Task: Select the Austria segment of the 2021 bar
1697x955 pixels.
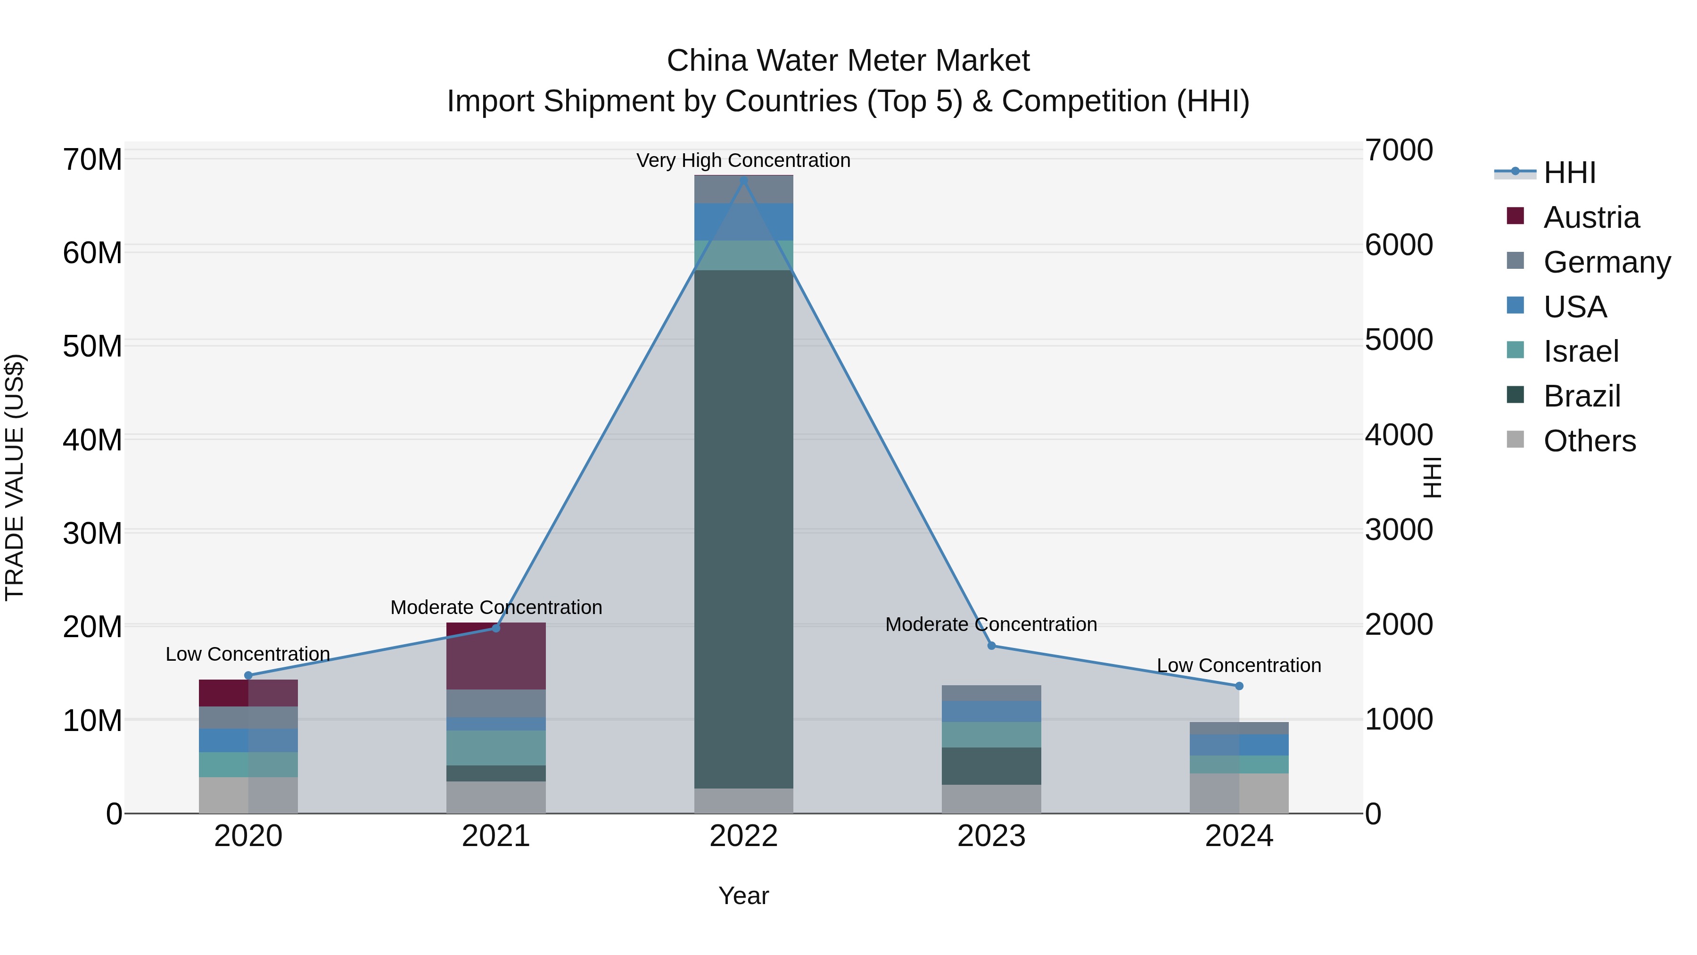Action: click(x=496, y=656)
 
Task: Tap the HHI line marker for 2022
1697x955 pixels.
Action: click(x=744, y=181)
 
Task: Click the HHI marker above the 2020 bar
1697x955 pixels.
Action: click(x=248, y=675)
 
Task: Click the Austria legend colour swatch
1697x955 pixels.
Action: click(x=1515, y=216)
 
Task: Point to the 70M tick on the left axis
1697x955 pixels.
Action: click(x=92, y=160)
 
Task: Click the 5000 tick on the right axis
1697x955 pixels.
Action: click(x=1398, y=340)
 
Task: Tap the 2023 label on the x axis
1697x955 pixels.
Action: click(x=991, y=836)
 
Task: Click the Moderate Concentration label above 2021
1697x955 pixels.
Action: click(x=496, y=607)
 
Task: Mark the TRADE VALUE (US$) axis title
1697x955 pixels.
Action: click(x=15, y=477)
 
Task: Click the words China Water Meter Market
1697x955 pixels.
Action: click(x=848, y=61)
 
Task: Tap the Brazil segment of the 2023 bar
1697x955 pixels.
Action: click(x=991, y=766)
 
